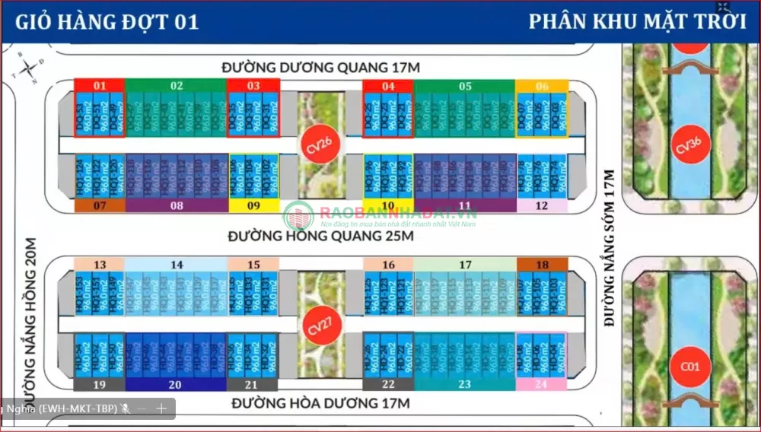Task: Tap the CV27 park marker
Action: click(x=315, y=326)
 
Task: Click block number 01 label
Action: click(x=99, y=86)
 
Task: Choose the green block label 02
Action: click(x=177, y=86)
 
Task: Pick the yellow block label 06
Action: click(x=542, y=86)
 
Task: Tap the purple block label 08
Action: click(x=177, y=205)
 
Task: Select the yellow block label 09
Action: click(x=254, y=205)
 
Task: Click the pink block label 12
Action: click(x=542, y=205)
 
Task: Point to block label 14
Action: click(x=177, y=265)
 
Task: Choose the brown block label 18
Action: click(x=542, y=265)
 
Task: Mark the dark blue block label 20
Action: click(x=177, y=385)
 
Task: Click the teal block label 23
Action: click(x=464, y=385)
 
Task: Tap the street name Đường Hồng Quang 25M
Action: click(x=321, y=237)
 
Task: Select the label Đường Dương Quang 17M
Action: click(x=321, y=68)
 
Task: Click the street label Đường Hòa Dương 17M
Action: click(x=321, y=403)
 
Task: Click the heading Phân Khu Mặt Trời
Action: click(x=637, y=21)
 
